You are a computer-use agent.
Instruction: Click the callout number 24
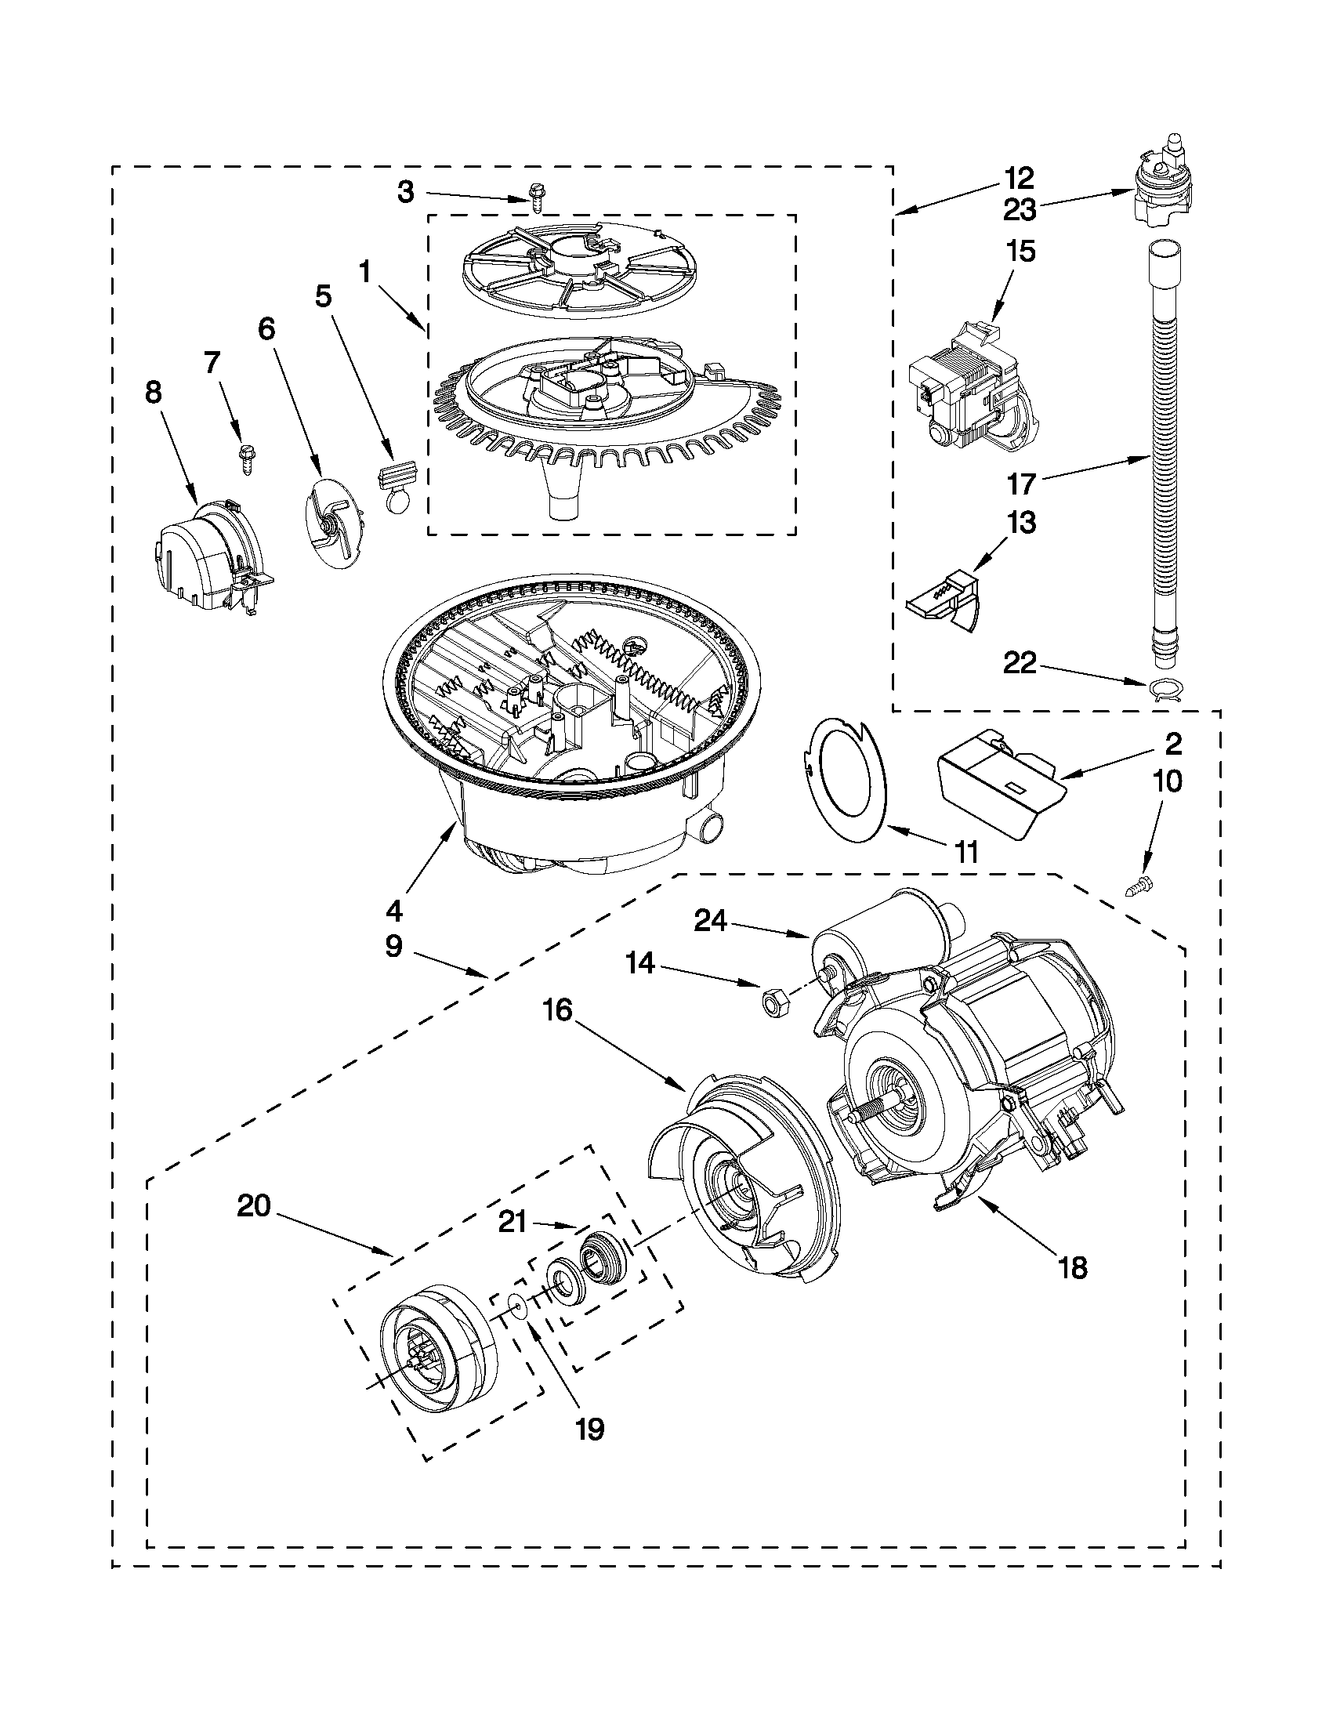[712, 920]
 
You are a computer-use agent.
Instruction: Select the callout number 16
[558, 1010]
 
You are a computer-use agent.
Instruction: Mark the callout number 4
[393, 911]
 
